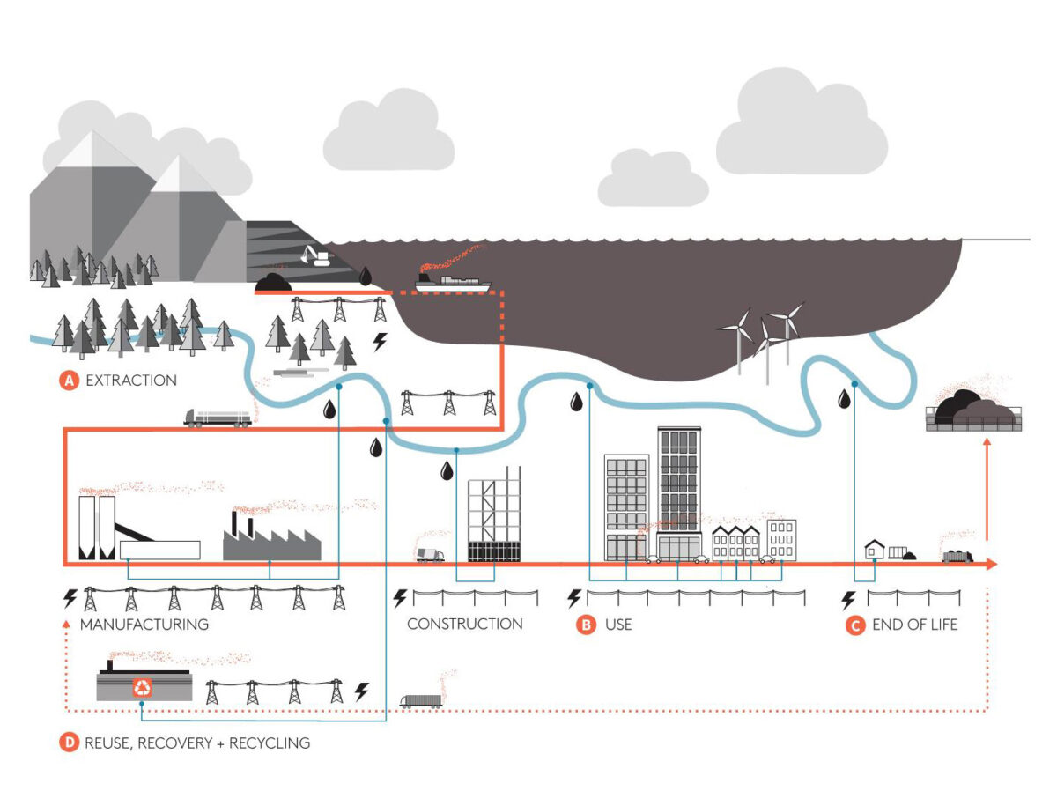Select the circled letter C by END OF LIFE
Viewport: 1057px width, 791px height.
[854, 625]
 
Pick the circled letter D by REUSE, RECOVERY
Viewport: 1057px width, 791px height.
[69, 743]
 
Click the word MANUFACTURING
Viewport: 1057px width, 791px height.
[144, 625]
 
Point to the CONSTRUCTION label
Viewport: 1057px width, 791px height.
[464, 625]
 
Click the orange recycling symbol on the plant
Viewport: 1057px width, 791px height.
[142, 687]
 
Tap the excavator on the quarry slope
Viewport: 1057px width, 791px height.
[314, 256]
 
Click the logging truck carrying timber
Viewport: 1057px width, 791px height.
[217, 417]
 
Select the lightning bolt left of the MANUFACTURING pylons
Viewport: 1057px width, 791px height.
[70, 599]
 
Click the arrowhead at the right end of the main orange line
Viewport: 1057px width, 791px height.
[992, 564]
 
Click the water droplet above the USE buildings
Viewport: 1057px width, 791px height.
[576, 402]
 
